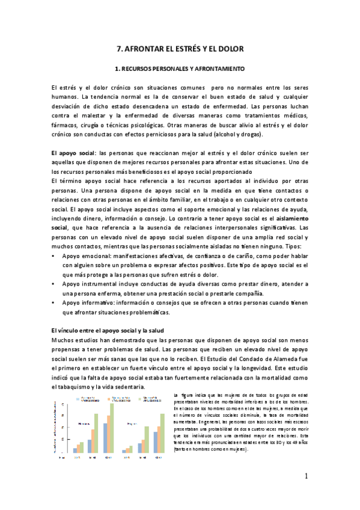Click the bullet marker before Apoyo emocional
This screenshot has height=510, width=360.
(x=55, y=256)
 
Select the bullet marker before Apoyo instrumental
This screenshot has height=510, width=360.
(x=55, y=283)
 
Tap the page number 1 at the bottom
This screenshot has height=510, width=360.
(x=306, y=478)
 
